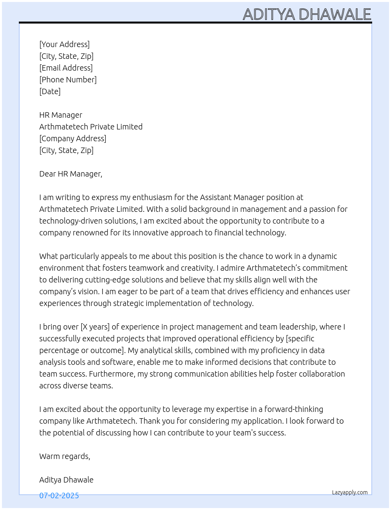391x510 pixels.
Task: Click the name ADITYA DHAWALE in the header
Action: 307,15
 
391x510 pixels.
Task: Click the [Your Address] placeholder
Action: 64,44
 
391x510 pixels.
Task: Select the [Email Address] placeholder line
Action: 66,68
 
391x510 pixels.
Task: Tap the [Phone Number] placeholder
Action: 68,80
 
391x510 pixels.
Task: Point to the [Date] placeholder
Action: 50,91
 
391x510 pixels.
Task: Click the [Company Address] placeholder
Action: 73,138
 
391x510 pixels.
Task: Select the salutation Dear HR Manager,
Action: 71,174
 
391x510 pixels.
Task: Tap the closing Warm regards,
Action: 65,456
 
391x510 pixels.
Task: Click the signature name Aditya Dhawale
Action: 66,480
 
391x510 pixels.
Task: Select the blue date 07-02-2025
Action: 59,495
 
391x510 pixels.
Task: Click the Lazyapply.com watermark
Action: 350,492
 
